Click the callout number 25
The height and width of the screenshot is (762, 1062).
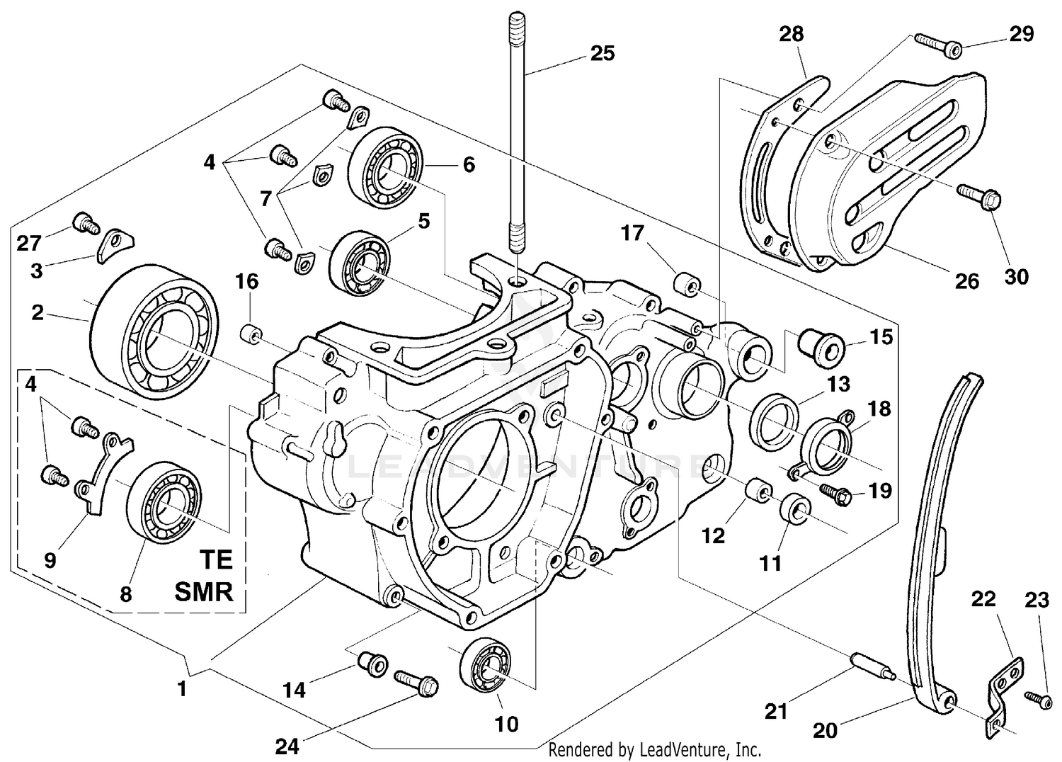coord(603,53)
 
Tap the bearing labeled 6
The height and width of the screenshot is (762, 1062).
coord(385,168)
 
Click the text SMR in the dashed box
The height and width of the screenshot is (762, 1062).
coord(204,591)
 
